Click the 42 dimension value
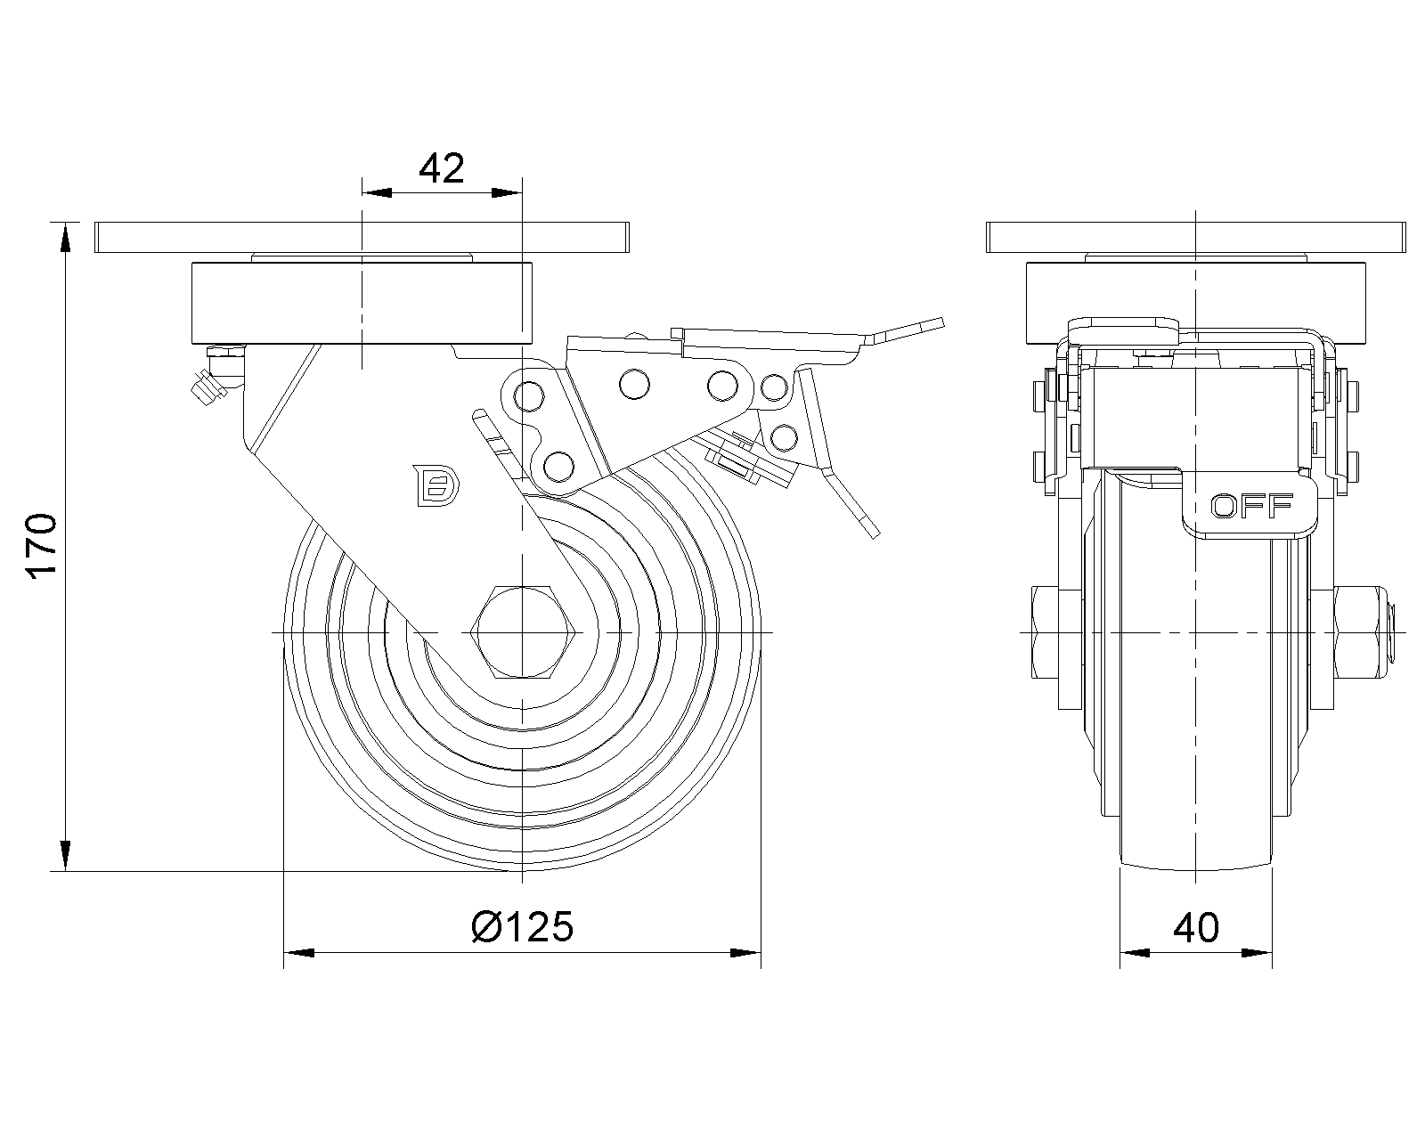[442, 167]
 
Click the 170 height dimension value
[44, 546]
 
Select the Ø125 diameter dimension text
[522, 927]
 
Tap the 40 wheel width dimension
[1196, 928]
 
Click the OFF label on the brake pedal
[1251, 507]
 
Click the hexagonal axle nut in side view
[523, 632]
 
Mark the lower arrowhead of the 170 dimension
[65, 854]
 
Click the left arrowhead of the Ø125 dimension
[298, 954]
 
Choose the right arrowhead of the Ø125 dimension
[745, 954]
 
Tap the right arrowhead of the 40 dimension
[1258, 954]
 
